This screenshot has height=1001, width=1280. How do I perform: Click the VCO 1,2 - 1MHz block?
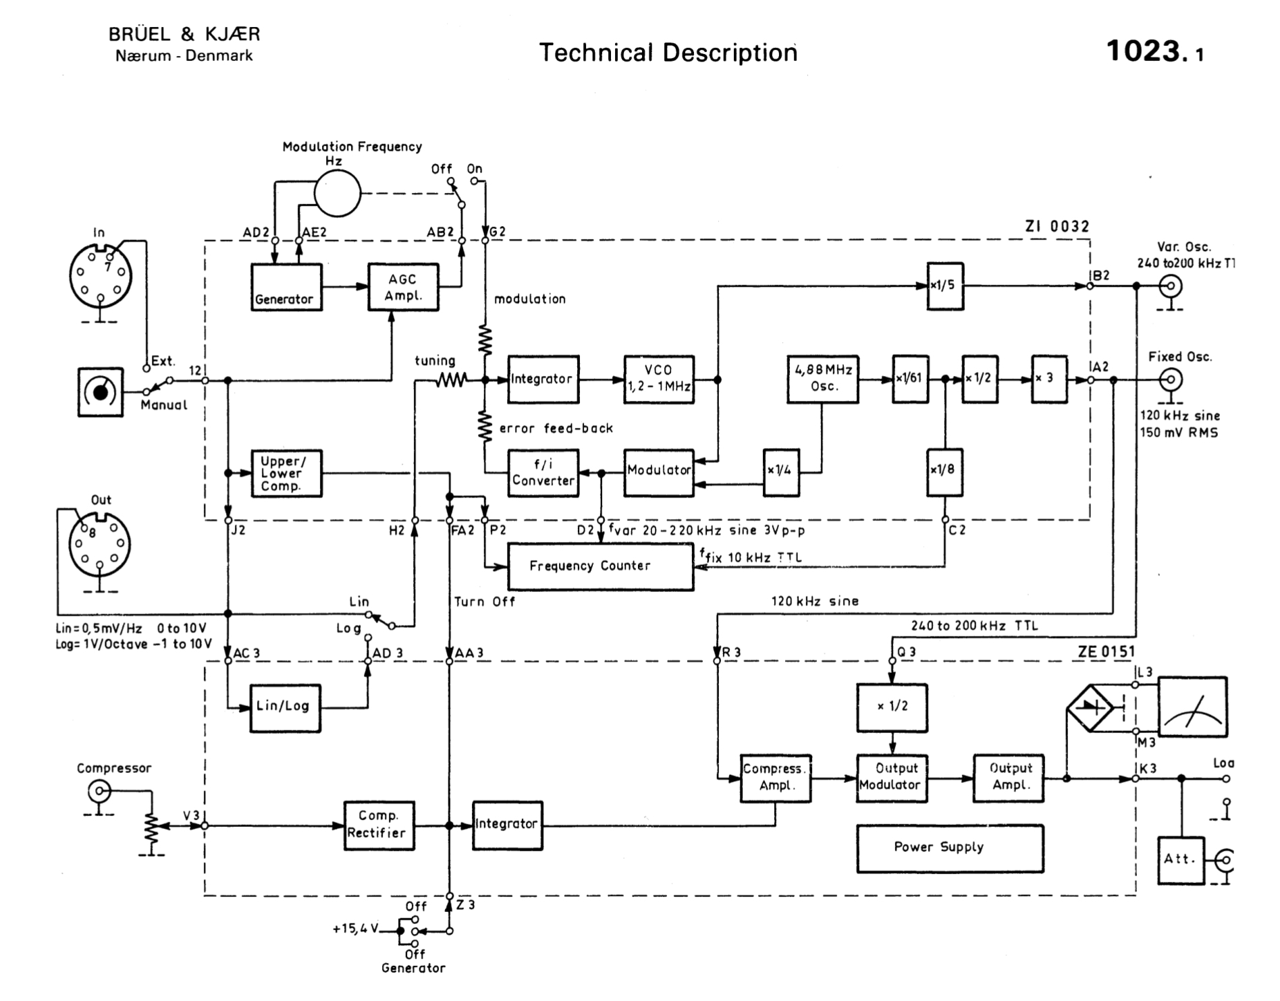pyautogui.click(x=658, y=379)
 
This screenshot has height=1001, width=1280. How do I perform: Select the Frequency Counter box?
pyautogui.click(x=600, y=566)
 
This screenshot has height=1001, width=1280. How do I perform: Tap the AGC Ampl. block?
pyautogui.click(x=403, y=287)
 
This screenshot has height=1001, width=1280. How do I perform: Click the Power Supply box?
pyautogui.click(x=949, y=848)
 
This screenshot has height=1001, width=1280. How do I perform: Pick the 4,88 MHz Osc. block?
pyautogui.click(x=822, y=379)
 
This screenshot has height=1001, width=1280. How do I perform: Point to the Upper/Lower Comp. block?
pyautogui.click(x=286, y=473)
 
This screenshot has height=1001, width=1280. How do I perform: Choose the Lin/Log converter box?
pyautogui.click(x=285, y=707)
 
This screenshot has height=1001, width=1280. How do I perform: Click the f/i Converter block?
pyautogui.click(x=543, y=472)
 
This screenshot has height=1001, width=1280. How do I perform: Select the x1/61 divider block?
pyautogui.click(x=909, y=379)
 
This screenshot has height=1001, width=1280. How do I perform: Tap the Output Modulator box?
pyautogui.click(x=891, y=778)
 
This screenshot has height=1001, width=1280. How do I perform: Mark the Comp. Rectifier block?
pyautogui.click(x=378, y=825)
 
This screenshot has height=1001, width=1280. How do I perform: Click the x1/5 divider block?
pyautogui.click(x=944, y=286)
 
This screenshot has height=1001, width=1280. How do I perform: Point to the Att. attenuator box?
pyautogui.click(x=1181, y=860)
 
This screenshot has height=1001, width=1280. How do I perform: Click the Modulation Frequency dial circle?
pyautogui.click(x=337, y=193)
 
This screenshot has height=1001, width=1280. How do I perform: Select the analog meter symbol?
pyautogui.click(x=1192, y=707)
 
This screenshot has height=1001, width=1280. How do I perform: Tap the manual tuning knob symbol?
pyautogui.click(x=101, y=391)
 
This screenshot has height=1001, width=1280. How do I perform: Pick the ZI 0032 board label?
pyautogui.click(x=1057, y=227)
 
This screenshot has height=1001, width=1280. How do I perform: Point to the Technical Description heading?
pyautogui.click(x=668, y=53)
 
